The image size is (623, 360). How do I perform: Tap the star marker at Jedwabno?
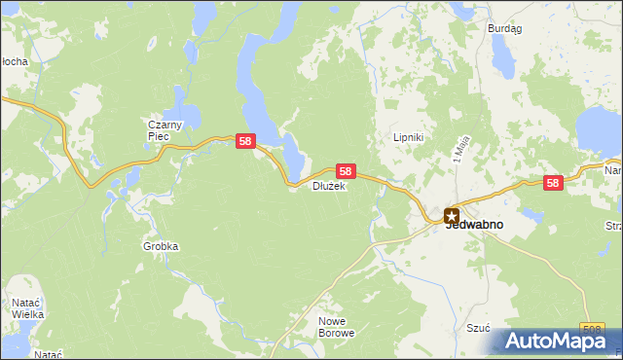(451, 216)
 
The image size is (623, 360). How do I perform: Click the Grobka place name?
(161, 247)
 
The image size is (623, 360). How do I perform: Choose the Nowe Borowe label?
(337, 326)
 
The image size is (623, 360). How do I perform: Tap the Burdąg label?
(504, 29)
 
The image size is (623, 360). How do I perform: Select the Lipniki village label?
(408, 138)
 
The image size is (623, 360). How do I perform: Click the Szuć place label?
(478, 328)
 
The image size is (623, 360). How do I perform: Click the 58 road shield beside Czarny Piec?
(246, 142)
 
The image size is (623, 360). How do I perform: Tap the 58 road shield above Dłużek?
(345, 170)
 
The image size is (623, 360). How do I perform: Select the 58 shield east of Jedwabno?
(553, 182)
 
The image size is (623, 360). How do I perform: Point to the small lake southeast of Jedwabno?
(532, 215)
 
